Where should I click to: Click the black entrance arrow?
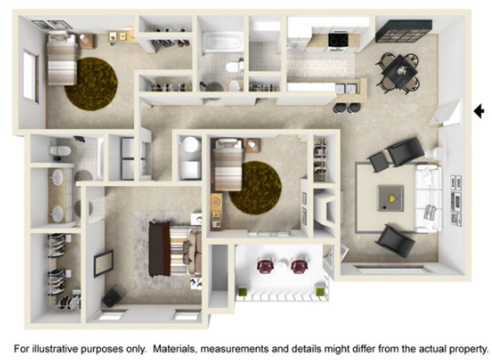point(479,111)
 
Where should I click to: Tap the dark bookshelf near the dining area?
point(404,31)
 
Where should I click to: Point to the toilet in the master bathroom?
point(59,150)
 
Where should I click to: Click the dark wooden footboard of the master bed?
point(159,248)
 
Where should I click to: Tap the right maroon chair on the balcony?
point(299,266)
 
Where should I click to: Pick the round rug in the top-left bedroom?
point(91,84)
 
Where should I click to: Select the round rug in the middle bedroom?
point(255,188)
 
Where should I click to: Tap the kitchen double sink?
point(347,88)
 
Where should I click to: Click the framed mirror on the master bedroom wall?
point(103,264)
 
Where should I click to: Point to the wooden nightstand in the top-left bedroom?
point(87,41)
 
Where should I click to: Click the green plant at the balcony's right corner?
point(320,292)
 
